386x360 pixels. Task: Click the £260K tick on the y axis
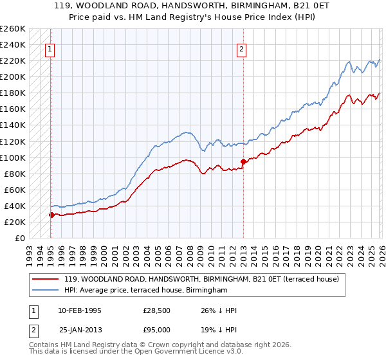pos(12,29)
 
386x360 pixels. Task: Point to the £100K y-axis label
pos(12,157)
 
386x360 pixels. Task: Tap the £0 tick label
pos(19,238)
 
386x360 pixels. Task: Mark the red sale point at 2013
pos(243,161)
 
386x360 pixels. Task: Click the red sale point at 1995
pos(51,215)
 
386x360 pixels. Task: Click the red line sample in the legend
pos(45,279)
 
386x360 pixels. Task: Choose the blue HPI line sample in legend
pos(45,291)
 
